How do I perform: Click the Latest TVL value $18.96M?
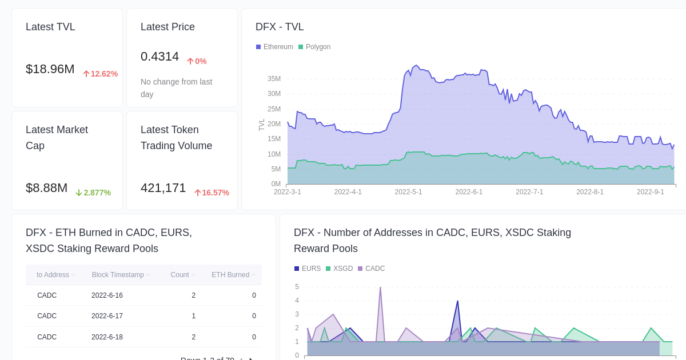pos(50,69)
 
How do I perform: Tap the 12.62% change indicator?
pos(101,74)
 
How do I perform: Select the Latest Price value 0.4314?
pos(159,57)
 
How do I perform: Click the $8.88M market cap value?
pos(46,188)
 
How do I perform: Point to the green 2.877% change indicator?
pos(93,193)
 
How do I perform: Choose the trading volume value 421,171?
pos(163,188)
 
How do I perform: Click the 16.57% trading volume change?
pos(212,193)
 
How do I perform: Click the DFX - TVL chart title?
pos(280,27)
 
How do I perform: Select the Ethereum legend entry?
pos(274,47)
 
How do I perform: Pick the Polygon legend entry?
pos(314,47)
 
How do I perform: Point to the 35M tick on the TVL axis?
pos(274,79)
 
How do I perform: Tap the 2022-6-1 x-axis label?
pos(469,192)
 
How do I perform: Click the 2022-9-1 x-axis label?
pos(651,192)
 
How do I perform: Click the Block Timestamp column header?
pos(118,275)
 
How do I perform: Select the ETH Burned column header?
pos(230,275)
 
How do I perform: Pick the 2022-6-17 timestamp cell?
pos(107,316)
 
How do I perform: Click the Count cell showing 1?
pos(193,316)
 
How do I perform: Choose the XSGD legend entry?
pos(339,269)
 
